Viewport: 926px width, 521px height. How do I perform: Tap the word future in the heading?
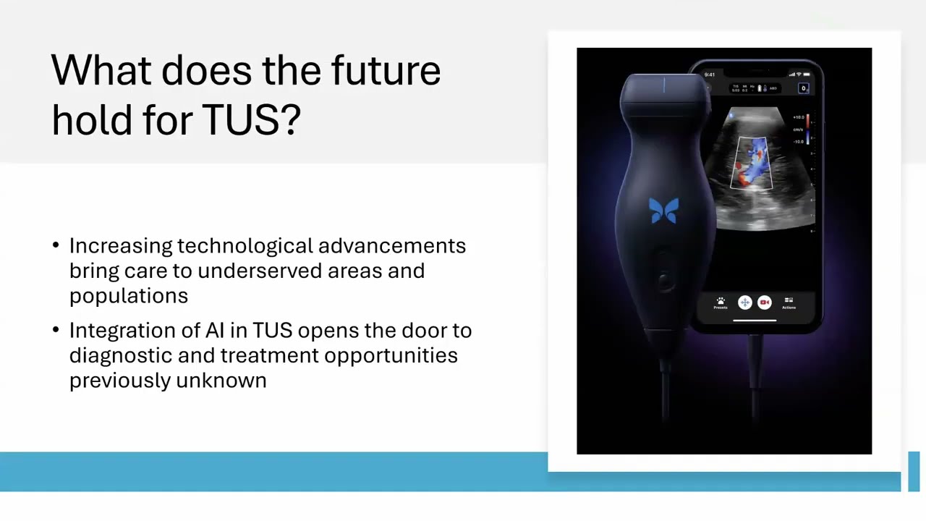(386, 71)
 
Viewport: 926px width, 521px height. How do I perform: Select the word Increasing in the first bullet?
(121, 246)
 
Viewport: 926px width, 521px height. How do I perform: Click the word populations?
(128, 296)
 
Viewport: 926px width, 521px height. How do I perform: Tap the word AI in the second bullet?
(215, 331)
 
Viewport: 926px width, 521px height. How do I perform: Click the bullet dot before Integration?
(56, 330)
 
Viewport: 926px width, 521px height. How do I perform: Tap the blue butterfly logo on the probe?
(664, 211)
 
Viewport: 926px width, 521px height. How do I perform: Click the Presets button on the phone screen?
(721, 302)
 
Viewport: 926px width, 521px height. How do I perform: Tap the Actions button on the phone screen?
(789, 302)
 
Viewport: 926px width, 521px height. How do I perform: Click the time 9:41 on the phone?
(710, 75)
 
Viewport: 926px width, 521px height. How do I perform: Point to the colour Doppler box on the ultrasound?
(753, 163)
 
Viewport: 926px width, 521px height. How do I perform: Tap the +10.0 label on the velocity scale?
(798, 117)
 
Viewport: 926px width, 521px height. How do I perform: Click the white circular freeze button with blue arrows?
(744, 302)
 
